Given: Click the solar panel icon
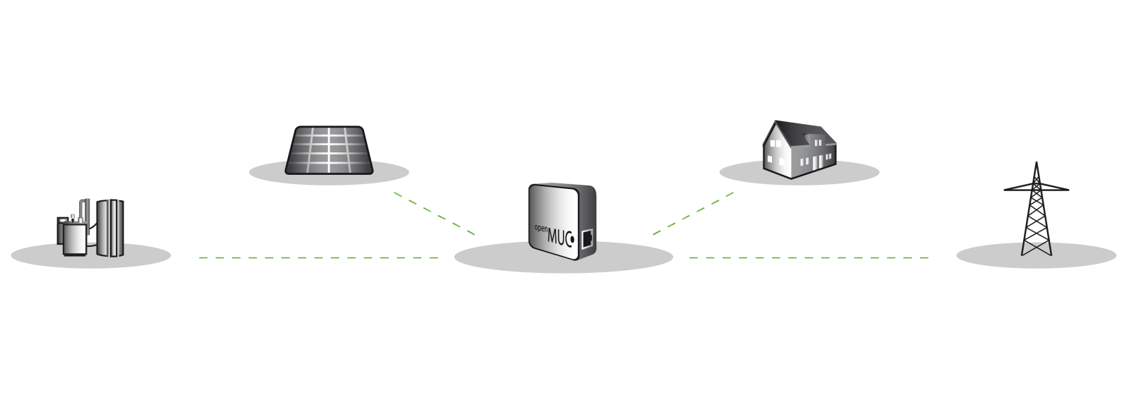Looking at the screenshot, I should point(329,149).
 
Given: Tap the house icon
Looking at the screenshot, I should point(799,148).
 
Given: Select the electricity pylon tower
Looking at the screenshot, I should point(1036,212).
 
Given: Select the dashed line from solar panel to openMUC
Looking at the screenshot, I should point(434,212).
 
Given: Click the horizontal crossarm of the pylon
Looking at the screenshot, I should point(1036,188).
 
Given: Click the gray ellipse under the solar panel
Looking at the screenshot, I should point(268,171).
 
